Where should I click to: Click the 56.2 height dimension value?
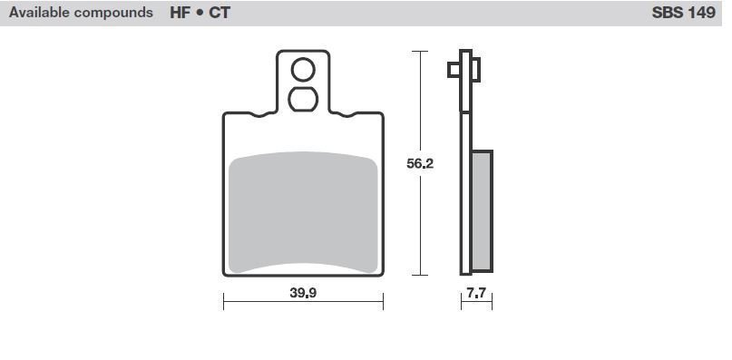click(420, 163)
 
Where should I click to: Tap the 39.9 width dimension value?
click(304, 293)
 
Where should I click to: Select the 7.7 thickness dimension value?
click(476, 293)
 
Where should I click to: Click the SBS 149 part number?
click(683, 13)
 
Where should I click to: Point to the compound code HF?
click(180, 13)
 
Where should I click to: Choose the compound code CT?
click(220, 13)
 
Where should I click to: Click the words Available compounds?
click(81, 13)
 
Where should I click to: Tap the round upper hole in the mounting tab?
click(303, 70)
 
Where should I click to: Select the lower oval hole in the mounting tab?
click(303, 99)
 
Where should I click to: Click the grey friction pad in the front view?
click(303, 212)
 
